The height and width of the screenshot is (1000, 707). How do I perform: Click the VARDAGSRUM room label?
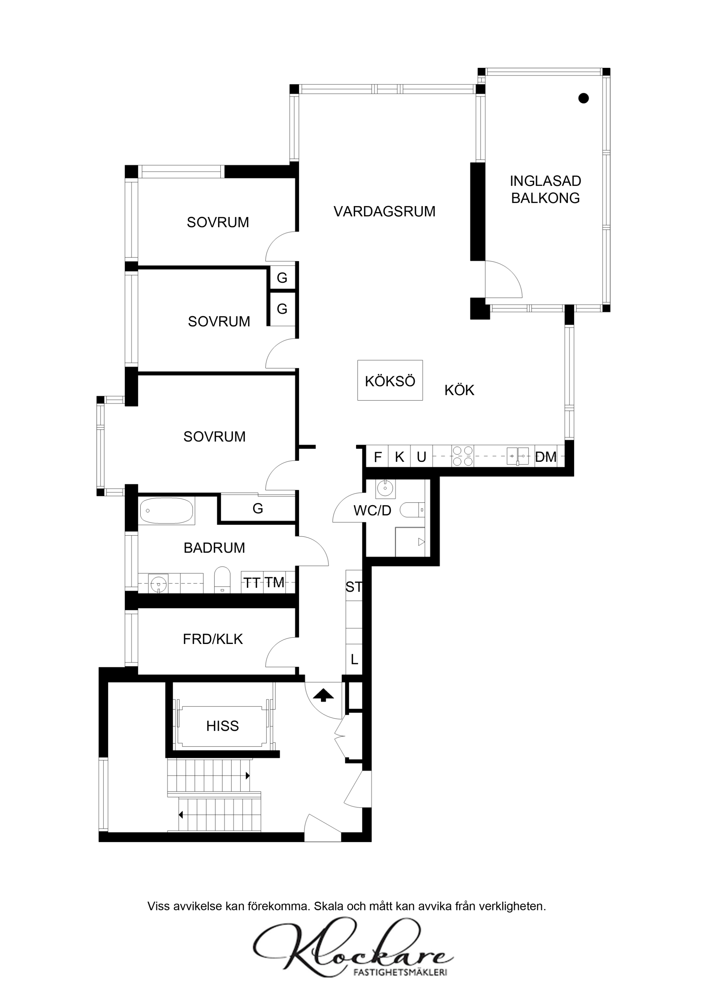coord(384,212)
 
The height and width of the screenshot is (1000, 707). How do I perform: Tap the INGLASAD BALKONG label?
coord(546,189)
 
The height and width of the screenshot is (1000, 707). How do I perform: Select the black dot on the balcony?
coord(583,98)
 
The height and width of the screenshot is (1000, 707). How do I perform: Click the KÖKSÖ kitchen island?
coord(390,380)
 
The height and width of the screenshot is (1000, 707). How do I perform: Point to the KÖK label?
coord(459,390)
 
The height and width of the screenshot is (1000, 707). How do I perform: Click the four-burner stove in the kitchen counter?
coord(463,456)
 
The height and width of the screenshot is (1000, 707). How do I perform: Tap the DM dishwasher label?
coord(546,457)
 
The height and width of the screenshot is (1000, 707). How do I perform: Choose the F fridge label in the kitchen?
coord(378,457)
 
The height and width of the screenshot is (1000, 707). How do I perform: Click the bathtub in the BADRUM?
coord(166,510)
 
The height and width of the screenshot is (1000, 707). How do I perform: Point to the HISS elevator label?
coord(223,726)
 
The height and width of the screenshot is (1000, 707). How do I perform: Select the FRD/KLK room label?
coord(213,639)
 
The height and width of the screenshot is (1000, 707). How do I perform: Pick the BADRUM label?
coord(214,548)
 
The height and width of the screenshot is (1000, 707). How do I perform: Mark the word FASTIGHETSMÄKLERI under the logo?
coord(400,972)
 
